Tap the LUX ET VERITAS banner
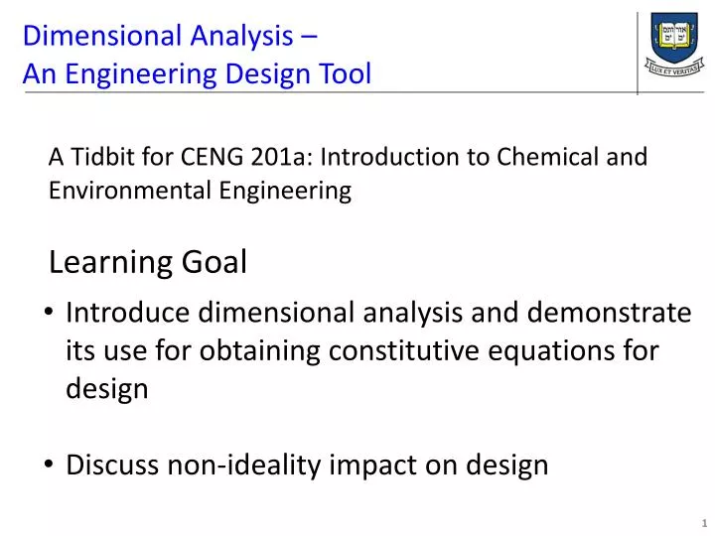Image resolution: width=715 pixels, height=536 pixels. pyautogui.click(x=676, y=69)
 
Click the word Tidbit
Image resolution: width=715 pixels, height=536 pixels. pyautogui.click(x=102, y=157)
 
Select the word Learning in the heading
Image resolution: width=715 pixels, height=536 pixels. pyautogui.click(x=110, y=263)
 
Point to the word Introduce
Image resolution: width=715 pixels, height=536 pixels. pyautogui.click(x=128, y=314)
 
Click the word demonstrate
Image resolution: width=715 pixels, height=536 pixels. pyautogui.click(x=609, y=314)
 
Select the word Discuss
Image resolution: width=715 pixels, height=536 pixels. pyautogui.click(x=111, y=465)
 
